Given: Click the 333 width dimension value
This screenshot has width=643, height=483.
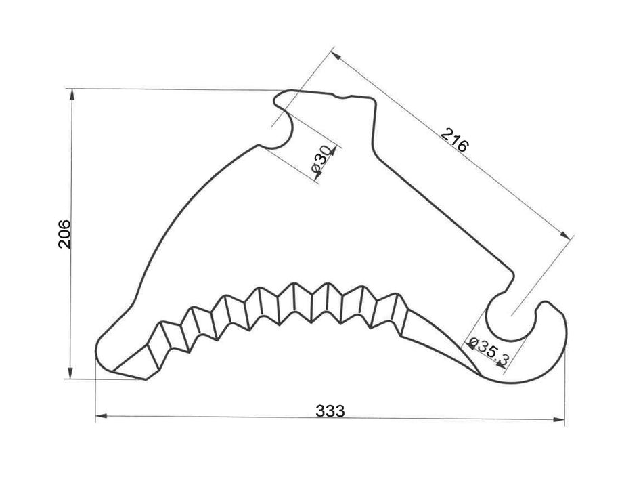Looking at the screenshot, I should pyautogui.click(x=330, y=411).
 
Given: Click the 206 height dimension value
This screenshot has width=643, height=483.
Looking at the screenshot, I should pyautogui.click(x=64, y=234).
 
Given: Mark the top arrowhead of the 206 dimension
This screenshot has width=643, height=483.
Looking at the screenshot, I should pyautogui.click(x=71, y=93).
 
